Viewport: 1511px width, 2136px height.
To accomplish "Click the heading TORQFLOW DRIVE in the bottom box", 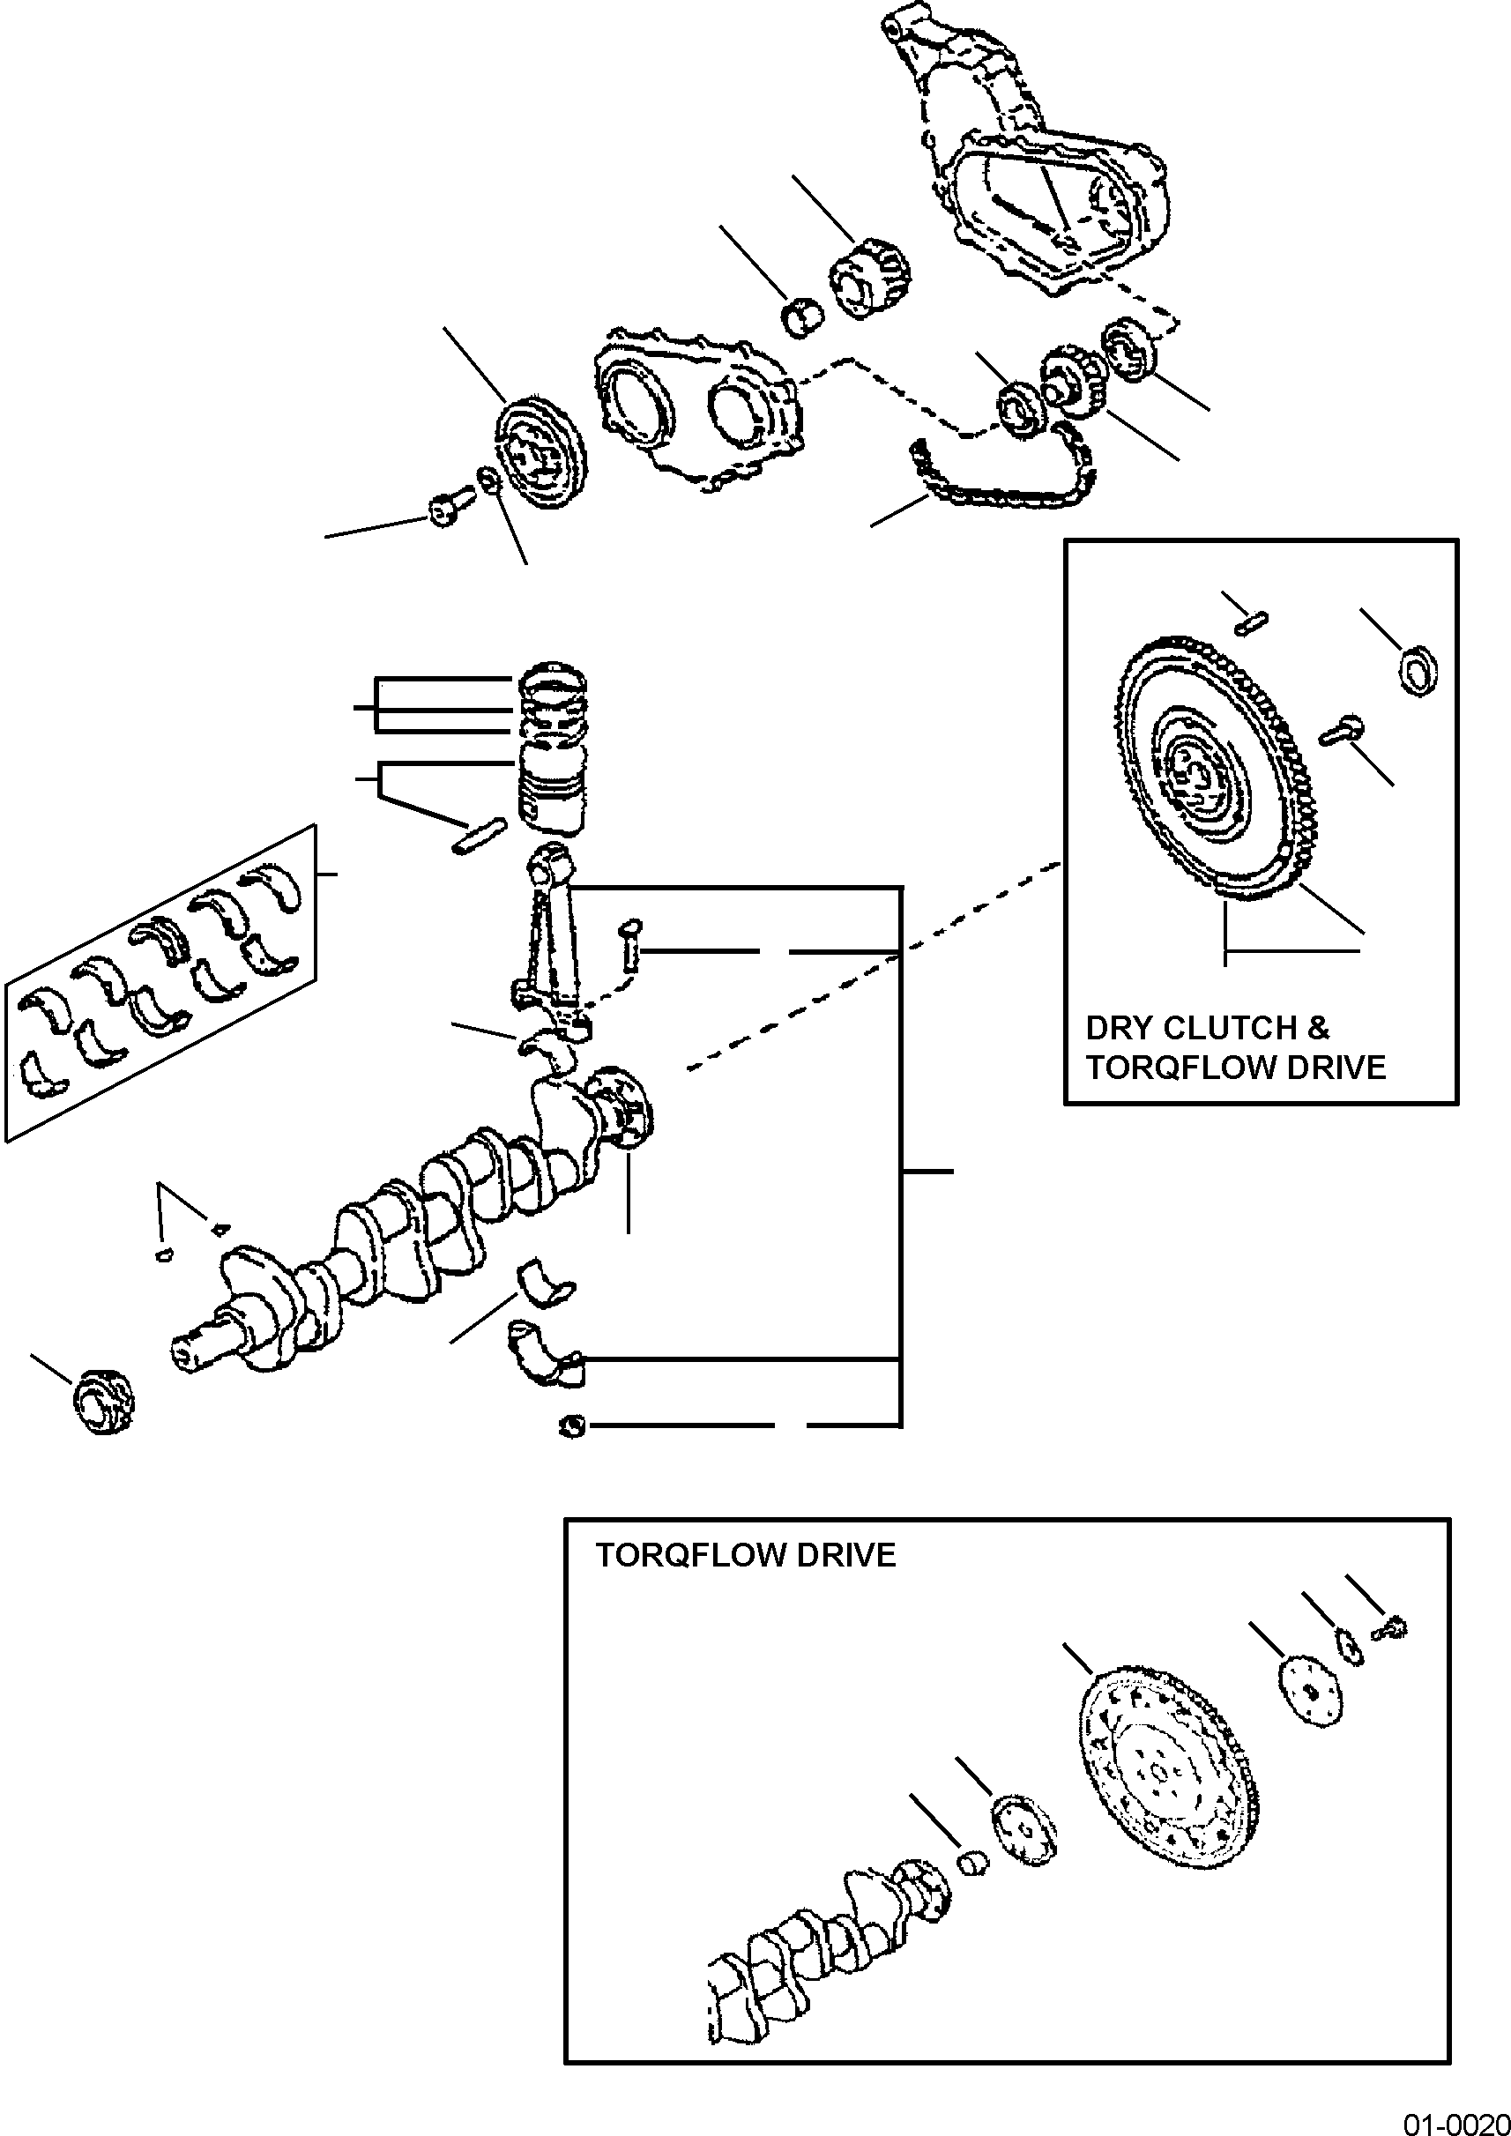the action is coord(745,1555).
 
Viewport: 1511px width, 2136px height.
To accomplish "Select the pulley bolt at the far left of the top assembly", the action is coord(441,510).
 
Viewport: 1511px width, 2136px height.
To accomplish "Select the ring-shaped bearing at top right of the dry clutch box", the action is coord(1420,668).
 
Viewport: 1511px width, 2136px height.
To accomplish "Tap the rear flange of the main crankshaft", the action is coord(622,1106).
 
